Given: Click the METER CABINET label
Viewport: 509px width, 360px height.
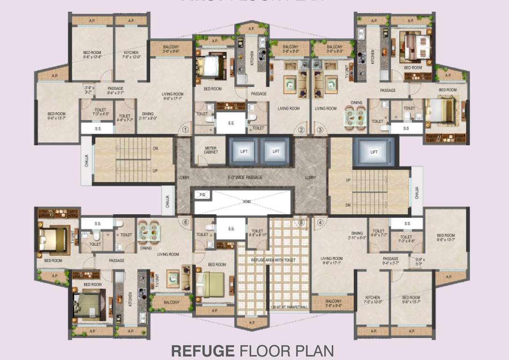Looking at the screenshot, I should (x=211, y=150).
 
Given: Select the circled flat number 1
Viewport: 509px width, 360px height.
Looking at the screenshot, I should (x=186, y=130).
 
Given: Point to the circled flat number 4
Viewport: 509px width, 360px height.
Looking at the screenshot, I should (x=320, y=223).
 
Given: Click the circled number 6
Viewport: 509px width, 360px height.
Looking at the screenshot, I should (x=186, y=223).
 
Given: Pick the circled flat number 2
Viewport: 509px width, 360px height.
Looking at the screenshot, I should (x=302, y=130).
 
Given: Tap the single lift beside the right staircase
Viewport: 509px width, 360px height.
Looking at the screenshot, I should (x=374, y=151).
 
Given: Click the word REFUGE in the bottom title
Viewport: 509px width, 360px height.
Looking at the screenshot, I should (x=202, y=351).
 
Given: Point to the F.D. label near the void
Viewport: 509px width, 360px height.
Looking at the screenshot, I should (x=203, y=194).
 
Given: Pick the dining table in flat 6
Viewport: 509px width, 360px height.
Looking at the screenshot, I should (x=149, y=231).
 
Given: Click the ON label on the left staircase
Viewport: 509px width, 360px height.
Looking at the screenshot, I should (x=155, y=148).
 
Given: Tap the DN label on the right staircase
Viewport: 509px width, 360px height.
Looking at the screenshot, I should (x=348, y=204).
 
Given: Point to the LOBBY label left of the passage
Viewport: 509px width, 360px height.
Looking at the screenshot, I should (x=183, y=178).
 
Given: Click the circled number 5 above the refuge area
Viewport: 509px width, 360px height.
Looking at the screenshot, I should (x=302, y=223).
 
